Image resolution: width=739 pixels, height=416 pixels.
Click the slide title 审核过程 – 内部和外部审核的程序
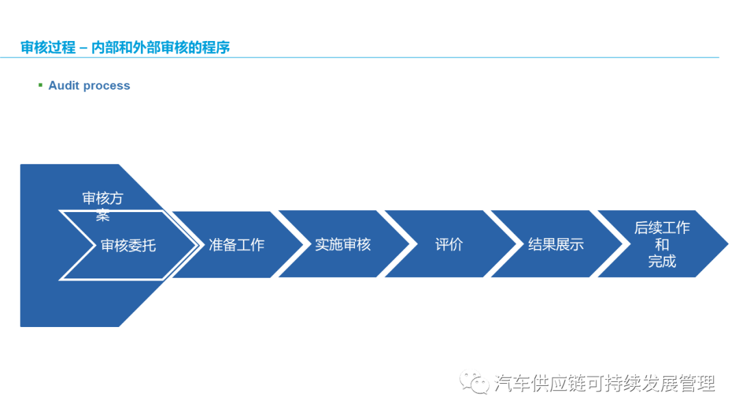(x=125, y=47)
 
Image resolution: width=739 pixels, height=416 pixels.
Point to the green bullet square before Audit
(x=40, y=85)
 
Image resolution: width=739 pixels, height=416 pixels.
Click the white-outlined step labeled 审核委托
(x=128, y=245)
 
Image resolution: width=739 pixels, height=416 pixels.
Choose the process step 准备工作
(x=236, y=245)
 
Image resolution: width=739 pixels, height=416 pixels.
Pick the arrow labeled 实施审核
(x=342, y=244)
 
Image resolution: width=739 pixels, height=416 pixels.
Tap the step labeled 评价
(x=449, y=244)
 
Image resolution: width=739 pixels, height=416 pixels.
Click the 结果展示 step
(x=556, y=244)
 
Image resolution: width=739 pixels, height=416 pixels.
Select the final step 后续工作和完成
(x=662, y=244)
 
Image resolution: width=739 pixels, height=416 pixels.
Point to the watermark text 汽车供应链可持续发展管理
(x=604, y=383)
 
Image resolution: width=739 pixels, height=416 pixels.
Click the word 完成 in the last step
(x=662, y=261)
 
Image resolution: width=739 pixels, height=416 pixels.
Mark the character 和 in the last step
(x=662, y=245)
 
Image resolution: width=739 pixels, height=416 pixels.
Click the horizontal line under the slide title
(x=369, y=57)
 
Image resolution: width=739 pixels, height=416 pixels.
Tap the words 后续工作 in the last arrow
(x=662, y=228)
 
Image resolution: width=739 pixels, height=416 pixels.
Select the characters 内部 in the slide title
(x=103, y=47)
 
